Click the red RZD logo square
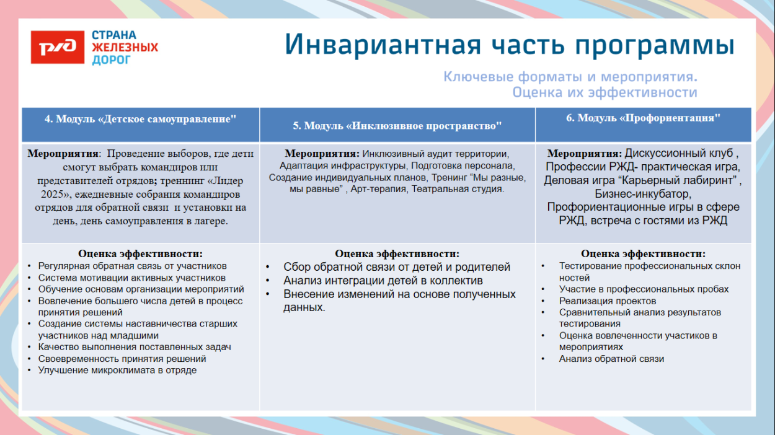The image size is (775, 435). (x=58, y=47)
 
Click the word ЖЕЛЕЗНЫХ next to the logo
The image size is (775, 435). (x=125, y=48)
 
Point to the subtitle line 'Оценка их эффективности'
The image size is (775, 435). (x=604, y=93)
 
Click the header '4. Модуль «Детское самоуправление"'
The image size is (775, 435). (x=141, y=119)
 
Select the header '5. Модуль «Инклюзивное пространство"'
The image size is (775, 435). (x=397, y=125)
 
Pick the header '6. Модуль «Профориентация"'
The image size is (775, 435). (x=643, y=118)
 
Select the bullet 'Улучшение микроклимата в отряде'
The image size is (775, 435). (x=117, y=370)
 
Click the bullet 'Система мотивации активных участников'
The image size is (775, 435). (x=131, y=278)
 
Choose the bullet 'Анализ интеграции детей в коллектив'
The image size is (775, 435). (x=383, y=281)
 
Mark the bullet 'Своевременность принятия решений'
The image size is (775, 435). (x=122, y=359)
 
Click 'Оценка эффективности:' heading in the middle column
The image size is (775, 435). (x=397, y=254)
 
